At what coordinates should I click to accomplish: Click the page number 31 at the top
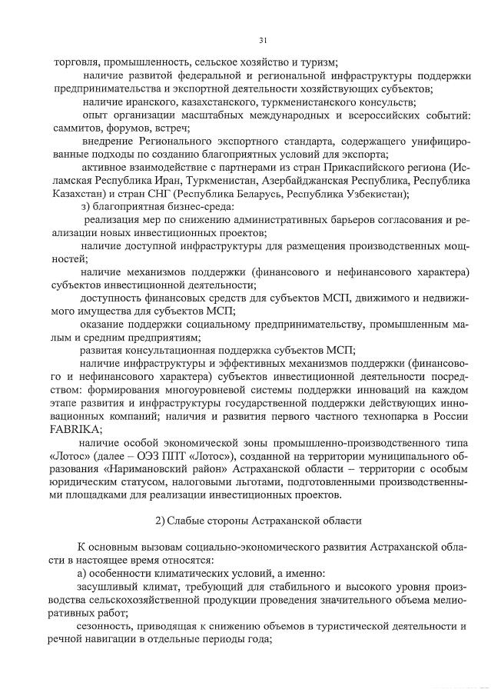tap(263, 40)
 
